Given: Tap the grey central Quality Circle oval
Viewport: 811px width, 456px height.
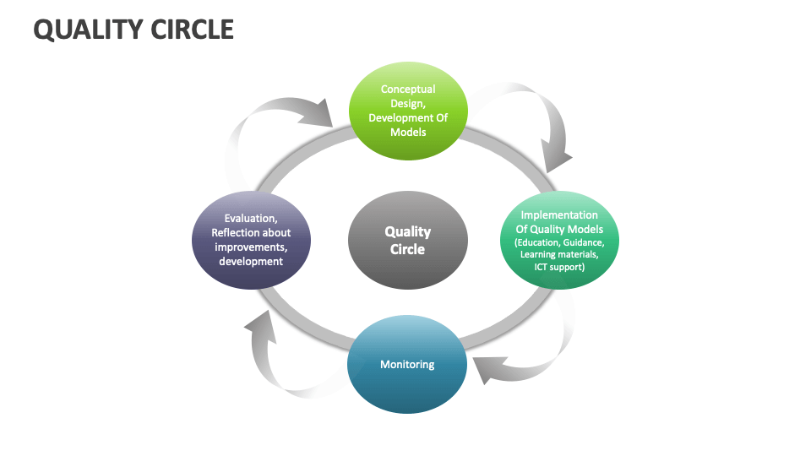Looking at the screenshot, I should tap(408, 240).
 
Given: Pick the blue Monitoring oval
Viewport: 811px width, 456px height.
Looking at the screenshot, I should tap(407, 365).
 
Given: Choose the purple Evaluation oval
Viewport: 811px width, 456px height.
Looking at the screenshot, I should tap(251, 240).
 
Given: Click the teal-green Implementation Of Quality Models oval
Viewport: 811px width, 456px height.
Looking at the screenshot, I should tap(558, 242).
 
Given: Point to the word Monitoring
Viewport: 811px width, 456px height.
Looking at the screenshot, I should tap(407, 365).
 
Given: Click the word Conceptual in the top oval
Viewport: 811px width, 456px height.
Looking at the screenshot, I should tap(408, 89).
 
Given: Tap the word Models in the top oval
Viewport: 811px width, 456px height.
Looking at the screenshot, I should tap(408, 133).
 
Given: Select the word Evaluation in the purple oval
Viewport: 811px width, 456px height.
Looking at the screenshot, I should tap(251, 218).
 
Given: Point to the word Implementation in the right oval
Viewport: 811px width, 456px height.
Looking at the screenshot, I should tap(558, 215).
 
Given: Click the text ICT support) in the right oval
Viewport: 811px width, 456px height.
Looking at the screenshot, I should tap(558, 267).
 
